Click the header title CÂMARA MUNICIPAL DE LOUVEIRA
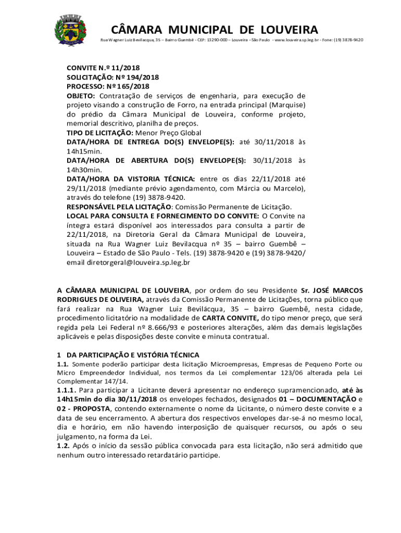pos(215,29)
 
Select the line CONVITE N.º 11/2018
pos(103,68)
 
